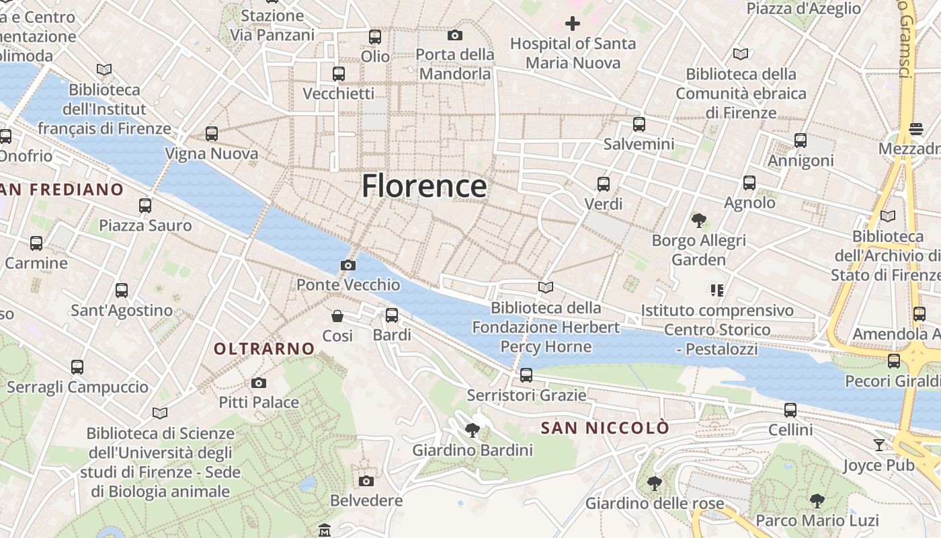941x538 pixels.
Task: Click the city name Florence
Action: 424,186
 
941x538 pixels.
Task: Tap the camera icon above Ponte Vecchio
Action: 347,265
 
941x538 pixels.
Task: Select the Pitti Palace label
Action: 259,402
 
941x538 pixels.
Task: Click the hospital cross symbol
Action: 572,24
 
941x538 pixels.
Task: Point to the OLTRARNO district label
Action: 264,348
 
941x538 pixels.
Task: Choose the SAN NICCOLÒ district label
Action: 605,428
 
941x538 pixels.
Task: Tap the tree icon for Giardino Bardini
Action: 473,430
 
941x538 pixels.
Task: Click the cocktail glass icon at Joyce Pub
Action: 879,445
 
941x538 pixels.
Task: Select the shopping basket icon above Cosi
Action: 337,315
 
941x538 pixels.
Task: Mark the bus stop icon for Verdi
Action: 604,184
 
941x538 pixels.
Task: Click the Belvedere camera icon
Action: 366,481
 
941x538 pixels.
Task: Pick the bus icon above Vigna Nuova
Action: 212,134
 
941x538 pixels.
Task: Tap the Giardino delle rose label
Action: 655,503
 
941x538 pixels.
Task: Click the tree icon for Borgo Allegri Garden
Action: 699,220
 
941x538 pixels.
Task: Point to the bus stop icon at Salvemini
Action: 639,124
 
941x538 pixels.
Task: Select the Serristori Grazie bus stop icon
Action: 526,375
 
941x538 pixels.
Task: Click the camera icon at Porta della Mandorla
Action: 455,35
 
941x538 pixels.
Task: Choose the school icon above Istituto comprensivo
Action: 717,291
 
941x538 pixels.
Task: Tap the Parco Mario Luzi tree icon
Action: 817,500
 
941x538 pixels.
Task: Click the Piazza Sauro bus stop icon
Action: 145,205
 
